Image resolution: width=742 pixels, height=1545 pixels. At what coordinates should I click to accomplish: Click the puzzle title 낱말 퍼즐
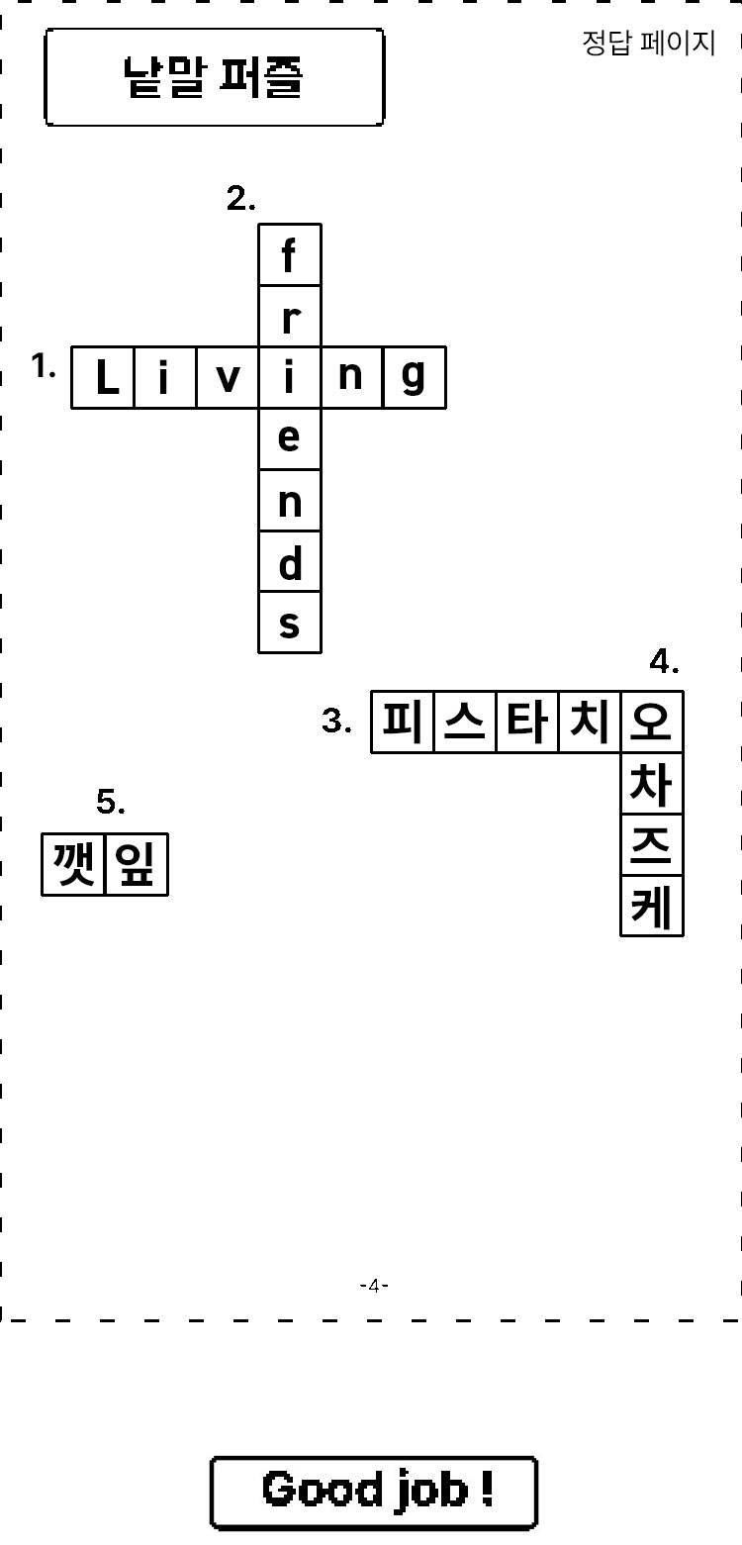coord(213,76)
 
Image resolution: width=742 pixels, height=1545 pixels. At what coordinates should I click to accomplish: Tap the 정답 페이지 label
coord(648,43)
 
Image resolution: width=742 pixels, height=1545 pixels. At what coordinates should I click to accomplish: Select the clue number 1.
coord(44,365)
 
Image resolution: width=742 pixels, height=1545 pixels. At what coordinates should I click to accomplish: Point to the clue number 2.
coord(240,199)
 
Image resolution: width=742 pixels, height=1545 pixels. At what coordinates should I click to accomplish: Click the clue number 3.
coord(336,721)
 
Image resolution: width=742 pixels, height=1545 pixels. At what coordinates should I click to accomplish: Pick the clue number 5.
coord(111,802)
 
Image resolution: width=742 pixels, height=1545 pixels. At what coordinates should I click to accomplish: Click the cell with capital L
coord(103,377)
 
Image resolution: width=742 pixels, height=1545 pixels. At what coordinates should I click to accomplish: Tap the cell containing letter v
coord(228,377)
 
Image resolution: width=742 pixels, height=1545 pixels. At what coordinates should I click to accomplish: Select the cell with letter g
coord(415,377)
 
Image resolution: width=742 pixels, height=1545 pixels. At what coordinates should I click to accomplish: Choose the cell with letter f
coord(290,254)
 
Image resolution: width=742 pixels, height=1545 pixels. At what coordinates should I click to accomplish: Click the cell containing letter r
coord(290,317)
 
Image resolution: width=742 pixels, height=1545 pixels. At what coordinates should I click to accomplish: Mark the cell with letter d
coord(290,561)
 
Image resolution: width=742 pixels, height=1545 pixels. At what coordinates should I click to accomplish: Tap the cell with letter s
coord(290,623)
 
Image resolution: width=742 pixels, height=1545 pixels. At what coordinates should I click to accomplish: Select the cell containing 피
coord(402,722)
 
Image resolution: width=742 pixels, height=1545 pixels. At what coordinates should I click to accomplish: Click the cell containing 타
coord(527,722)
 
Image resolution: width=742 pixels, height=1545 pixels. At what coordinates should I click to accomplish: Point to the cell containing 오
coord(652,722)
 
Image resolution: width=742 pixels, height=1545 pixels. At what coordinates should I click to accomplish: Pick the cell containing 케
coord(652,907)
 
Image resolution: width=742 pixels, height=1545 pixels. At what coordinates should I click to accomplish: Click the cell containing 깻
coord(73,864)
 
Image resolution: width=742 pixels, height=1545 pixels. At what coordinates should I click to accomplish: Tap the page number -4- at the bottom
coord(374,1286)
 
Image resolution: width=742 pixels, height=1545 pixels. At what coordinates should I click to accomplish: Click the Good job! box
coord(374,1493)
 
